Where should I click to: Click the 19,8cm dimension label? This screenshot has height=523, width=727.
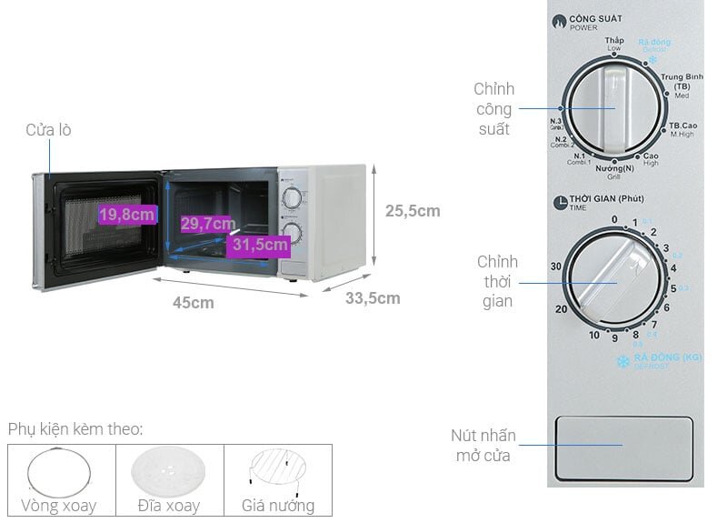pos(127,215)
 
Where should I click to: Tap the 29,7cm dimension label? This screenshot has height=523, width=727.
pos(208,223)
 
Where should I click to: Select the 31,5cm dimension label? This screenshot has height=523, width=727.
pos(260,244)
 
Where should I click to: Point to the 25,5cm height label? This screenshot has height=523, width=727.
pos(412,211)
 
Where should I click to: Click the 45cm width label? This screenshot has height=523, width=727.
pos(194,303)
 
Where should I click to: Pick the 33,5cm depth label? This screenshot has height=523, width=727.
pos(372,297)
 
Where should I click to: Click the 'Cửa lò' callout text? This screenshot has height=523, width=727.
pos(48,130)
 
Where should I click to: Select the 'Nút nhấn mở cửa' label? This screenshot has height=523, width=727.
pos(482,446)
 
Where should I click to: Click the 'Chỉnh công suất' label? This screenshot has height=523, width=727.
pos(494,109)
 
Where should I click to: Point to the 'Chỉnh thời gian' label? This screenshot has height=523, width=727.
pos(497,281)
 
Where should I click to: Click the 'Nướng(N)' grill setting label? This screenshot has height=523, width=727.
pos(614,169)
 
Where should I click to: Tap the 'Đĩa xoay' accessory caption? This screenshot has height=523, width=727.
pos(170,506)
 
